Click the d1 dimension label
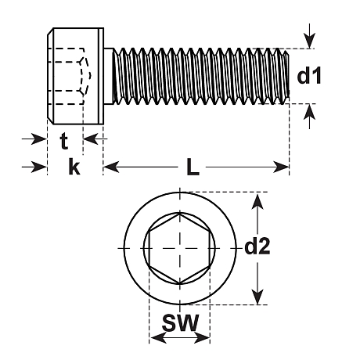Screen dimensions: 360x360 click(x=309, y=76)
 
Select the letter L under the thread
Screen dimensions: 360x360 click(x=193, y=167)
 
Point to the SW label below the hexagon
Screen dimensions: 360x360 click(x=180, y=322)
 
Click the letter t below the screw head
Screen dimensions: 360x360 click(x=64, y=141)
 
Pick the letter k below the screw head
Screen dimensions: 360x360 click(x=74, y=167)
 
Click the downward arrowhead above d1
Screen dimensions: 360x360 click(x=309, y=41)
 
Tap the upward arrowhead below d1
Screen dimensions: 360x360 click(x=309, y=112)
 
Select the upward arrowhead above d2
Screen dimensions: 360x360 click(x=257, y=201)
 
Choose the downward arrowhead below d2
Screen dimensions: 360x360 click(x=257, y=296)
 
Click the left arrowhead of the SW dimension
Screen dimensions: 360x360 click(x=159, y=338)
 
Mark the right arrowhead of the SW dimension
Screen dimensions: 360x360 click(x=201, y=338)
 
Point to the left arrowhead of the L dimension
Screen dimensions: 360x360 click(x=112, y=167)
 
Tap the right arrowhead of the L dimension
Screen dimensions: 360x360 click(x=281, y=167)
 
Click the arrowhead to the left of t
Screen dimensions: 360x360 click(x=39, y=139)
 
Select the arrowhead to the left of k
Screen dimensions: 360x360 click(x=39, y=167)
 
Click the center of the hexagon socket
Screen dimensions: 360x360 click(x=180, y=248)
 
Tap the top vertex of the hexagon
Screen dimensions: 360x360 click(x=180, y=214)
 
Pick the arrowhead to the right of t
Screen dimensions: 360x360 click(x=91, y=139)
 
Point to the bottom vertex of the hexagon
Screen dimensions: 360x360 click(x=180, y=283)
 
